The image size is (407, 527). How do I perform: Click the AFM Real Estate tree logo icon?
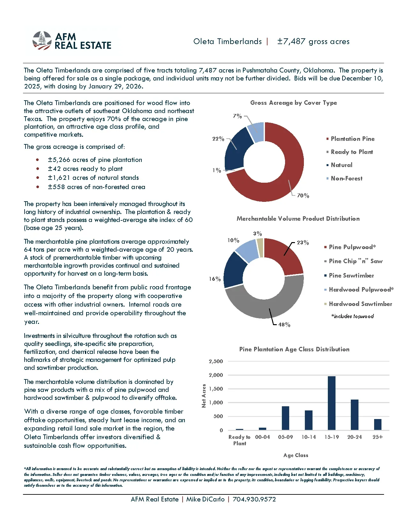coord(42,41)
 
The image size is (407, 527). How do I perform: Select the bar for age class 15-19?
coord(331,403)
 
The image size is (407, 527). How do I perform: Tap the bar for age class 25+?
coord(377,424)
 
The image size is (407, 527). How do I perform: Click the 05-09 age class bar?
coord(285,418)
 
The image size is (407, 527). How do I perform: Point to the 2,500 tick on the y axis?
coord(216,361)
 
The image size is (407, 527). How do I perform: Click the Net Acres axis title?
coord(204,396)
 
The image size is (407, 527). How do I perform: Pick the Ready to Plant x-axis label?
coord(239,440)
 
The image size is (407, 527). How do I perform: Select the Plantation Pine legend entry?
coord(352,139)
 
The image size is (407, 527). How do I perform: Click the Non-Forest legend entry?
coord(346,178)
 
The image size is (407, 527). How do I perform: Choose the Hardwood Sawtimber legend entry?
coord(360,304)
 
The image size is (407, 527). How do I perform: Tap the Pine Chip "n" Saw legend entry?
coord(356,261)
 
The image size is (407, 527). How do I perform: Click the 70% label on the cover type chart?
coord(303,195)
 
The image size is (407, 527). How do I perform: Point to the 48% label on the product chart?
coord(284,325)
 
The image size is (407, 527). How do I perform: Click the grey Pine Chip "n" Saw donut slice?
coord(265,307)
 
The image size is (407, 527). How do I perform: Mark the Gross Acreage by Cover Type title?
coord(293,103)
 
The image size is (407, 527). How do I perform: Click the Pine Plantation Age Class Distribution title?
coord(294,349)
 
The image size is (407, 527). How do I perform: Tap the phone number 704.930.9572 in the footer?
coord(254,499)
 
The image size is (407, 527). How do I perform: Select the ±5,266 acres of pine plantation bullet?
coord(95,160)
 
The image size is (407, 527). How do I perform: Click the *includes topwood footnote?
coord(352,316)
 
